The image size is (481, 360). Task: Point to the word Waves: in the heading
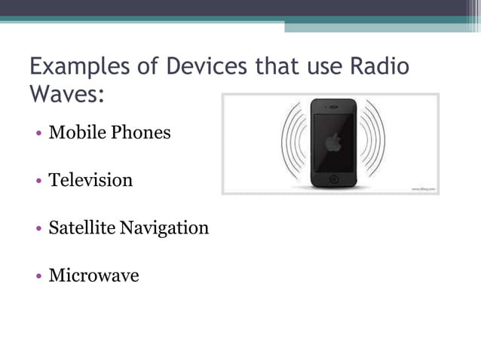66,96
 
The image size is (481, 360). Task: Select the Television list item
90,180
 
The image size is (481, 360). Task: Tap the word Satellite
81,227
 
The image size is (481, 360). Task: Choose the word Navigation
164,227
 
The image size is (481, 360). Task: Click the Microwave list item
93,275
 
